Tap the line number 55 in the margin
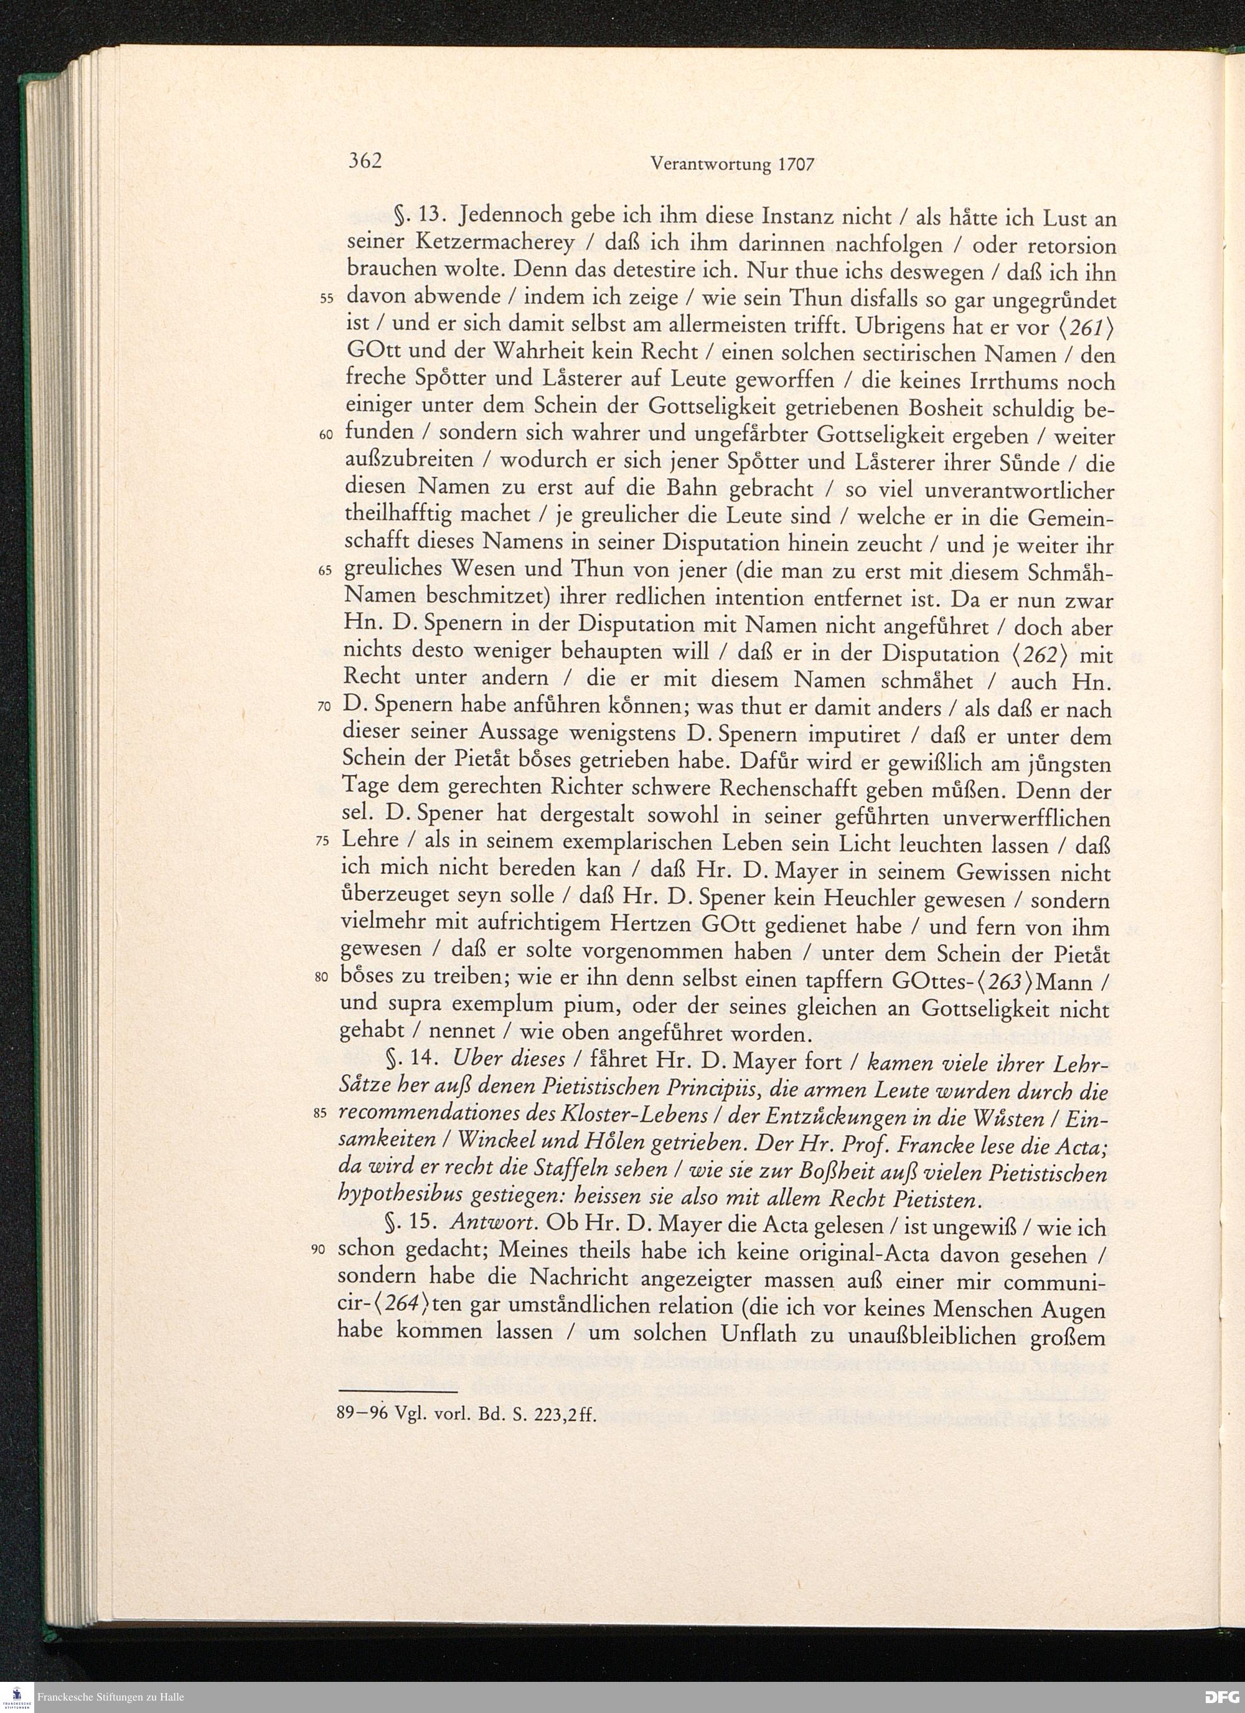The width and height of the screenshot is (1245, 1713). (326, 298)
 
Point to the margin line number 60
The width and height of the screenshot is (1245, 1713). (326, 436)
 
